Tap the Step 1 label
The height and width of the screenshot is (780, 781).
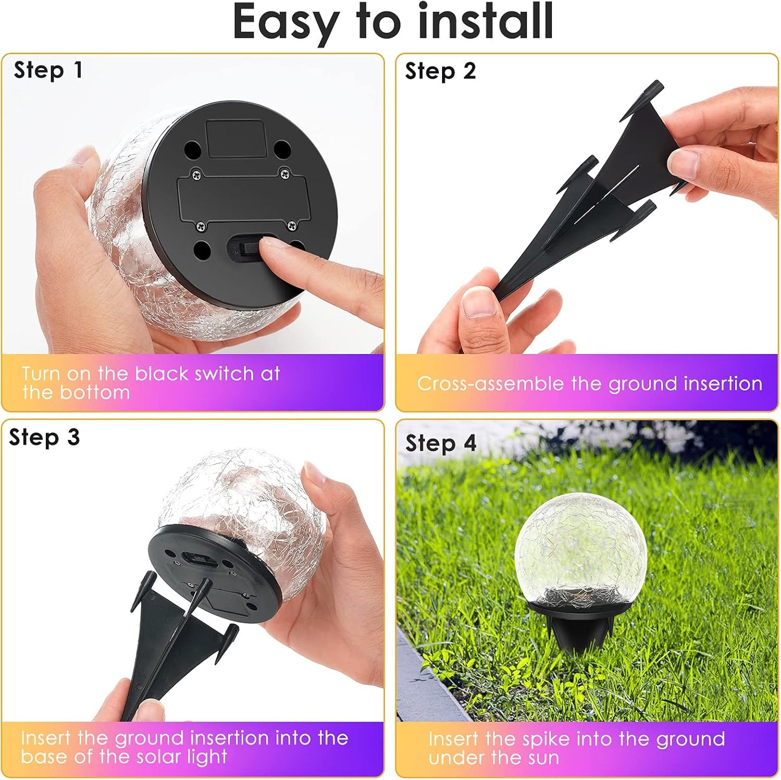click(48, 70)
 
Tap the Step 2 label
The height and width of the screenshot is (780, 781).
click(440, 71)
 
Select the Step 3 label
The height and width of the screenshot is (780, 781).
click(44, 437)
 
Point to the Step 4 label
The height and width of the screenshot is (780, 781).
click(440, 444)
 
